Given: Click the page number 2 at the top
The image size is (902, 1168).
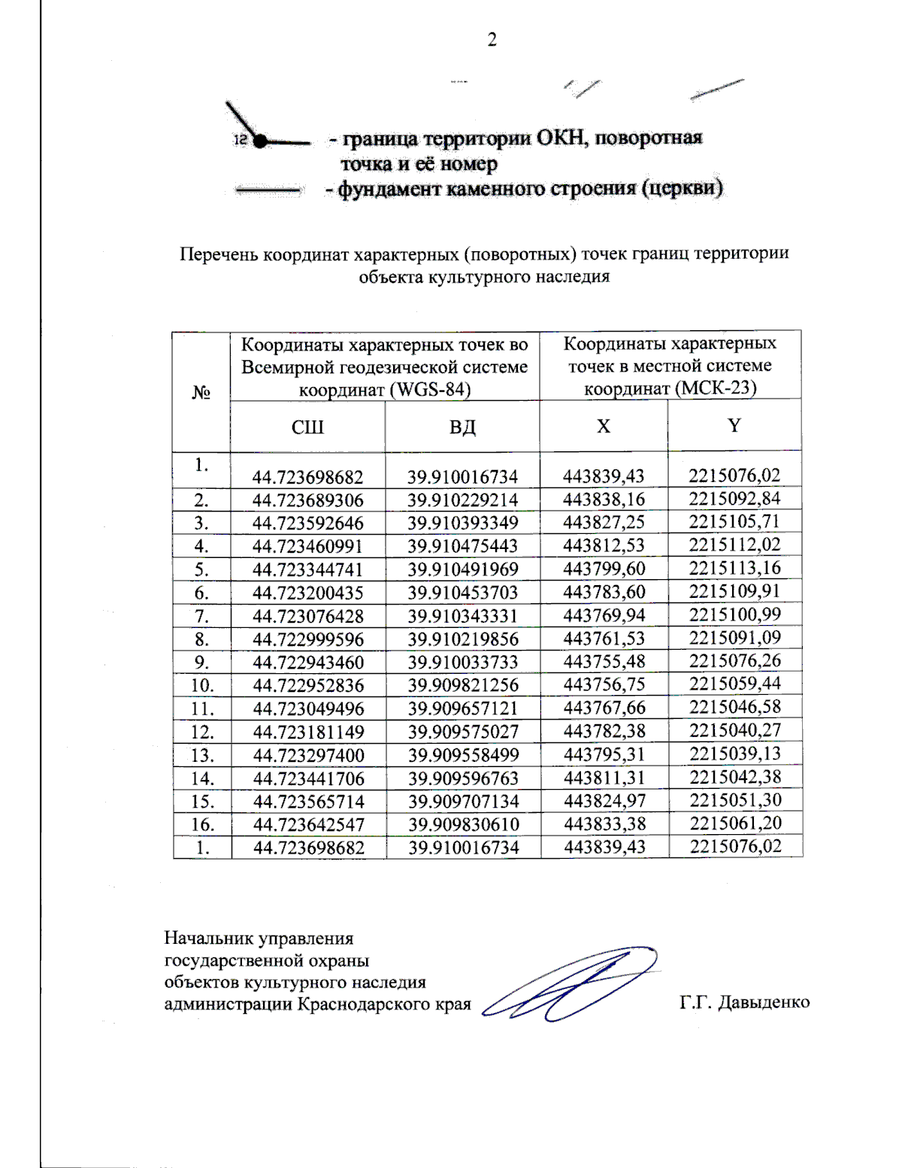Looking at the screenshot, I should coord(492,40).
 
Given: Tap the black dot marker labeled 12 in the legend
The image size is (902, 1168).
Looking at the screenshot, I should coord(259,141).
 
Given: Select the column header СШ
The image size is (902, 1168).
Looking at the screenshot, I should coord(307,427).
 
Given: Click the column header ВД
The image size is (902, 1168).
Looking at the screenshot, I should coord(462,427).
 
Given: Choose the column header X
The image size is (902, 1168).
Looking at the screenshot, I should coord(604,426).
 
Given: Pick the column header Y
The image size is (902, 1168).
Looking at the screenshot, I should coord(734,426).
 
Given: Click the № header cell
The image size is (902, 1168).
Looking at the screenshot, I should coord(201,393).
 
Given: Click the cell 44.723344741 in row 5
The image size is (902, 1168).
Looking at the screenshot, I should coord(307,569).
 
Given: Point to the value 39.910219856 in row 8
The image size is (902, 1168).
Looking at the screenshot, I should coord(463,639).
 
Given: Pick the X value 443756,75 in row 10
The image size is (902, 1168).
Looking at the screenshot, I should coord(604,684).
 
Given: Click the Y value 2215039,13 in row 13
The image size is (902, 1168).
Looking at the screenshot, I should coord(735,754).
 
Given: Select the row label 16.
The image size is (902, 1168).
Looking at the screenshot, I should coord(201,824).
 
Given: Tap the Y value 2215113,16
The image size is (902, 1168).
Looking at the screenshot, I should coord(735,568).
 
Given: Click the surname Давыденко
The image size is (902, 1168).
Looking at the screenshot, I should coord(764,1003).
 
